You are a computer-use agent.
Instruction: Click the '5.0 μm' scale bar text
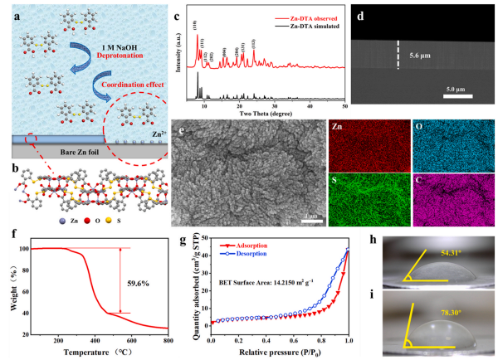[455, 87]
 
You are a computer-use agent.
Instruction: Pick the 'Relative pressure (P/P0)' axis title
[280, 352]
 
